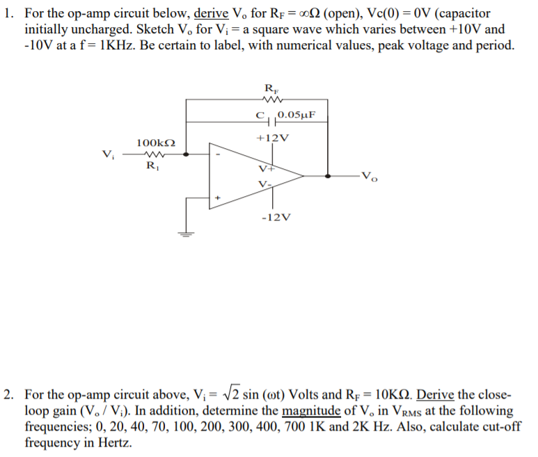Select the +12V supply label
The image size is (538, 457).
(x=272, y=138)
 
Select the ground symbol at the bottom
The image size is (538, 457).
(x=186, y=234)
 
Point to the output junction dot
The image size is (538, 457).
(x=329, y=176)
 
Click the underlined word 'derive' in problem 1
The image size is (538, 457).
(x=212, y=13)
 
